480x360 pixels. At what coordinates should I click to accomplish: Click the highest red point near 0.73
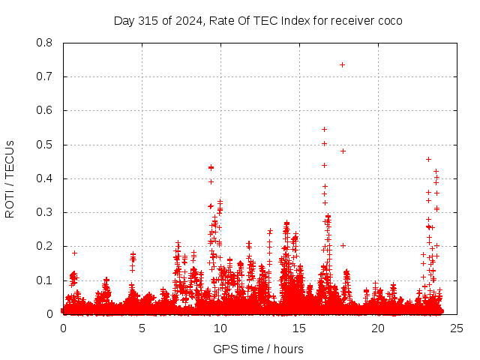[x=342, y=64]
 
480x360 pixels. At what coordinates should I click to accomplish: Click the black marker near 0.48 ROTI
[x=343, y=151]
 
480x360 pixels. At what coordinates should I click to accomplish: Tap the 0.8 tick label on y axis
[x=46, y=43]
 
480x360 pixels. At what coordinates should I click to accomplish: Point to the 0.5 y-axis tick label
[x=46, y=145]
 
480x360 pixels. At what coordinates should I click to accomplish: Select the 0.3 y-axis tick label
[x=46, y=212]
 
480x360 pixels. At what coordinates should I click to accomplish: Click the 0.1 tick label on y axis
[x=46, y=280]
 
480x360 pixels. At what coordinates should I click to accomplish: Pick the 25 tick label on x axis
[x=457, y=328]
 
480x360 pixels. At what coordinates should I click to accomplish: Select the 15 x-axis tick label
[x=299, y=328]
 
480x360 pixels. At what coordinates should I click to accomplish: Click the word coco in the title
[x=389, y=20]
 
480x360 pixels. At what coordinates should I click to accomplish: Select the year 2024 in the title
[x=187, y=20]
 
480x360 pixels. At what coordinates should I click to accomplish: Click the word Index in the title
[x=295, y=20]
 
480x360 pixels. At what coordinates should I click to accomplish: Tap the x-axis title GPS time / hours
[x=258, y=349]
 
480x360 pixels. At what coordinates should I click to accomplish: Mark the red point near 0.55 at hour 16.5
[x=324, y=129]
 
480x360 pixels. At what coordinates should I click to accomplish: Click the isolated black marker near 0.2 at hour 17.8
[x=343, y=245]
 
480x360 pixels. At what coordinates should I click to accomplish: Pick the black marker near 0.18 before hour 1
[x=74, y=253]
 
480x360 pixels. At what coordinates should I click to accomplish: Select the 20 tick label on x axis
[x=378, y=328]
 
